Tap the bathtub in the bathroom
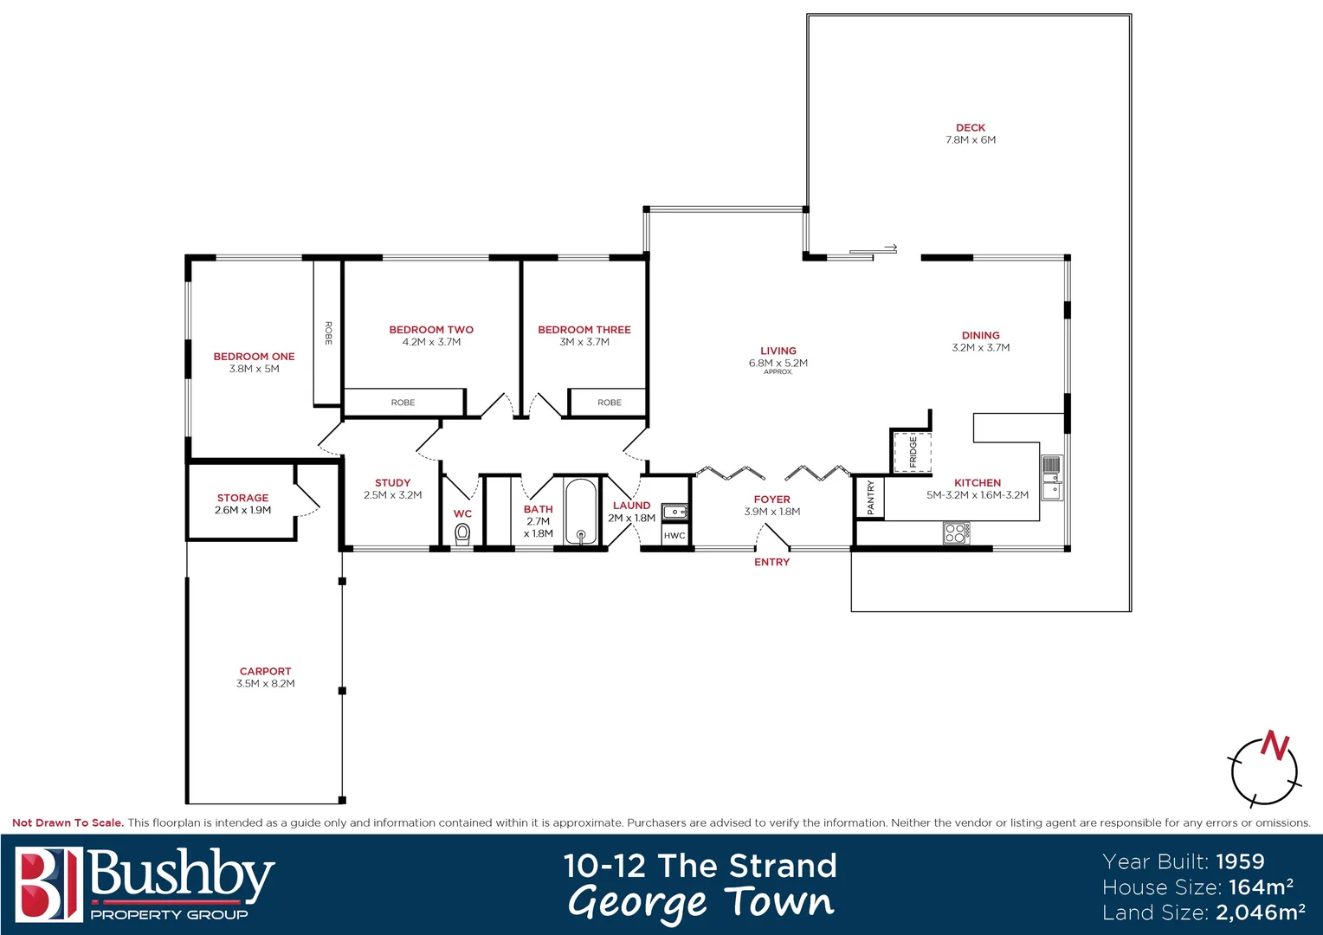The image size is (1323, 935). point(581,513)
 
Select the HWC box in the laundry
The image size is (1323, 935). point(674,536)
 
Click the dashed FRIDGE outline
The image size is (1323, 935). point(912,451)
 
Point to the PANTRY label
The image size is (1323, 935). point(870,498)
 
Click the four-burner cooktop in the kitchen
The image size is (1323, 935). point(956,532)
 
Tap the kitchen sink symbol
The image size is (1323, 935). point(1051,477)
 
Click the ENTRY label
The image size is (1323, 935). point(771,562)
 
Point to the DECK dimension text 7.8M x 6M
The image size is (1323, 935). point(971,140)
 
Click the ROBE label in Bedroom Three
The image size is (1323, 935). point(609,403)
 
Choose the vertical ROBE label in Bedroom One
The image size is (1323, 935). point(328,333)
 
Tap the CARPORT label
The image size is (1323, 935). point(265,671)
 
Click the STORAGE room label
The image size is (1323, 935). point(242,498)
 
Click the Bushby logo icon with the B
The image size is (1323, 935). point(48,884)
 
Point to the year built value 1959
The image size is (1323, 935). point(1240,861)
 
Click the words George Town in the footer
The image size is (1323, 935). point(700,902)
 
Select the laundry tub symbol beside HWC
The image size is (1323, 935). point(674,512)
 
